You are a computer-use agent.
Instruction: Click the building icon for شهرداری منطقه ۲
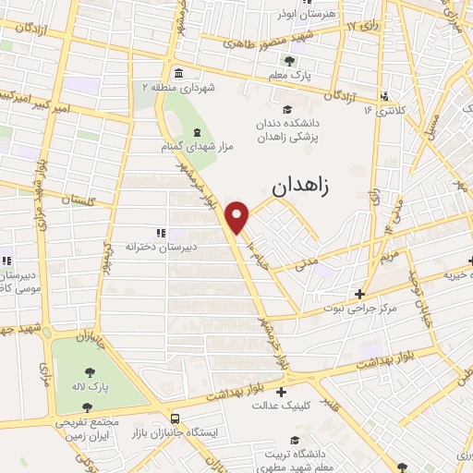[176, 71]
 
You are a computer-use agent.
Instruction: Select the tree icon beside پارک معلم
[290, 63]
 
